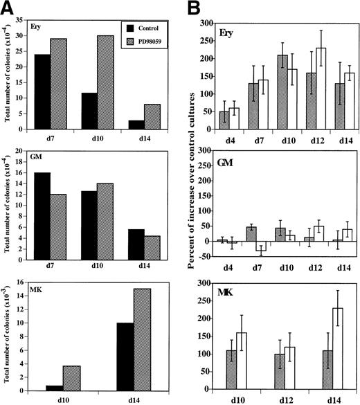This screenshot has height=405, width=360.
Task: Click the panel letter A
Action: point(9,8)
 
